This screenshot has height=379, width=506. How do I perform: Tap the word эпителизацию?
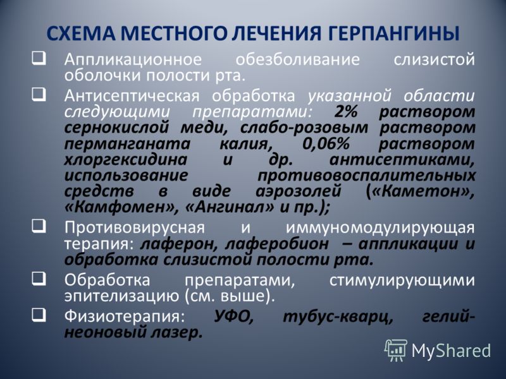(x=120, y=294)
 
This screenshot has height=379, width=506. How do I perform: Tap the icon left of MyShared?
(x=396, y=349)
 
